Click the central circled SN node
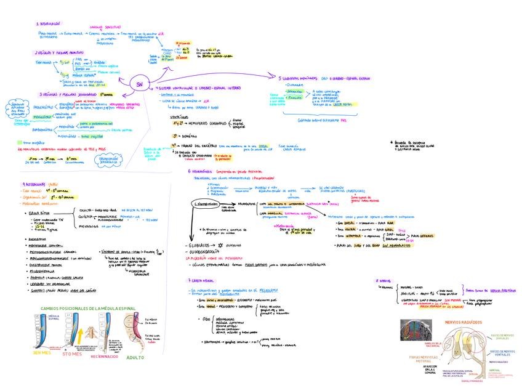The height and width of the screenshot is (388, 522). [140, 85]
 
